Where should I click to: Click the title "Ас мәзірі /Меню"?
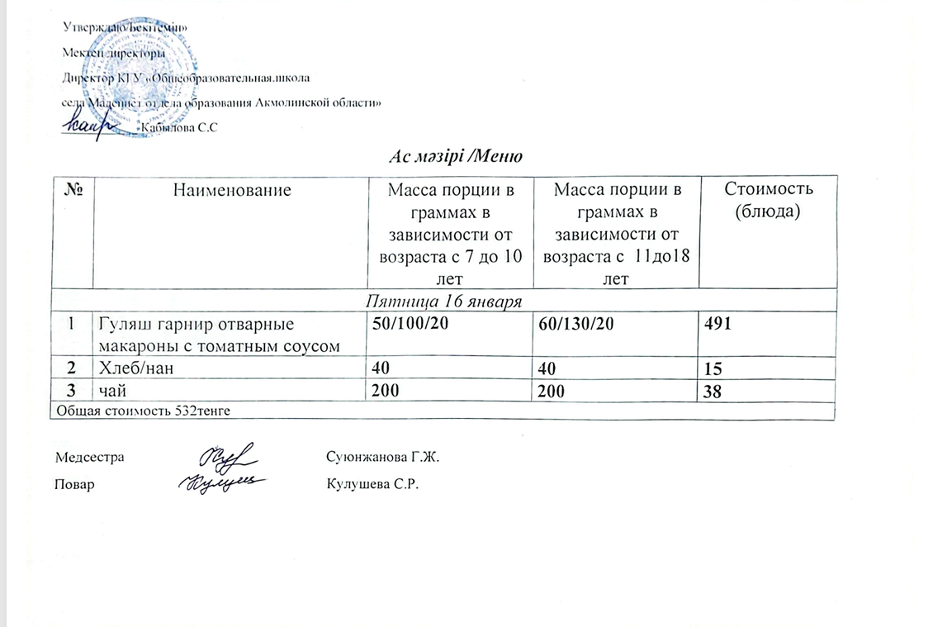point(457,156)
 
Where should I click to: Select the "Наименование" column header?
point(232,190)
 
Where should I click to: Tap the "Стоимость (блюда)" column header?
point(768,199)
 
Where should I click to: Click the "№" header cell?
point(72,190)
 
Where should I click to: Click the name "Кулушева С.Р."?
point(373,484)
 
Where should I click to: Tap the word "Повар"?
point(74,484)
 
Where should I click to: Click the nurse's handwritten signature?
point(228,456)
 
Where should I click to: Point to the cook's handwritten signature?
point(223,483)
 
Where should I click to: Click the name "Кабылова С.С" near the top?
point(179,127)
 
